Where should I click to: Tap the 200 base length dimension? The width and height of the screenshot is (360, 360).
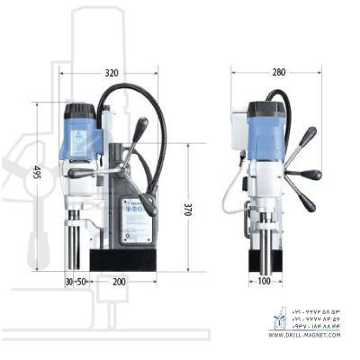118,282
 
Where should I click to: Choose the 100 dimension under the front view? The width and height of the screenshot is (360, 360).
263,282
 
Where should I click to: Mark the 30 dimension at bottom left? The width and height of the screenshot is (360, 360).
68,282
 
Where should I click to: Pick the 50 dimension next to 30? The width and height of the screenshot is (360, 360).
81,282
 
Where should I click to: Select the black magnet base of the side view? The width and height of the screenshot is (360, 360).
127,258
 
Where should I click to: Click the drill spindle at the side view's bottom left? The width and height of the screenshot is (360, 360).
72,247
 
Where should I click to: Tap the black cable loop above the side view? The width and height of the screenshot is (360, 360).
135,99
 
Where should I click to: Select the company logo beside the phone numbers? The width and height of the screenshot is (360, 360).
277,319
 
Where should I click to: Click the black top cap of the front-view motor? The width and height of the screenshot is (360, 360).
267,109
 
